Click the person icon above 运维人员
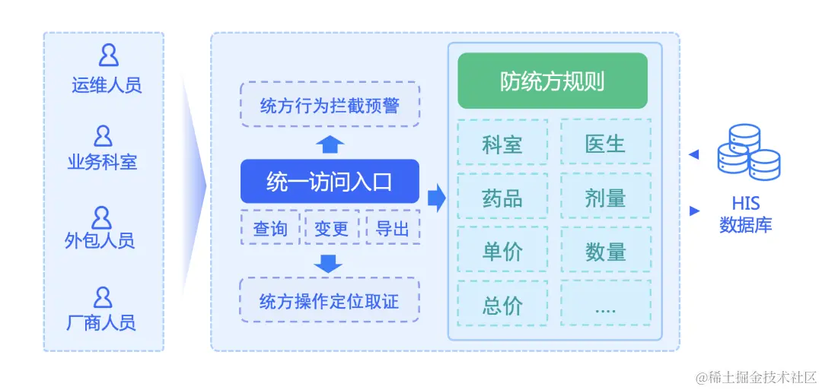107,55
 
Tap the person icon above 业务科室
103,137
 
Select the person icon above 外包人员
101,217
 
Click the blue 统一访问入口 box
330,182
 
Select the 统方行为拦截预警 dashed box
330,104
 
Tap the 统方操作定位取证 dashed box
330,300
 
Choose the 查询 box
270,227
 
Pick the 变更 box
332,227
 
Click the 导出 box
393,227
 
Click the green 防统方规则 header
553,81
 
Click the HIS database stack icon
747,151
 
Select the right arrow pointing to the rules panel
436,198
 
